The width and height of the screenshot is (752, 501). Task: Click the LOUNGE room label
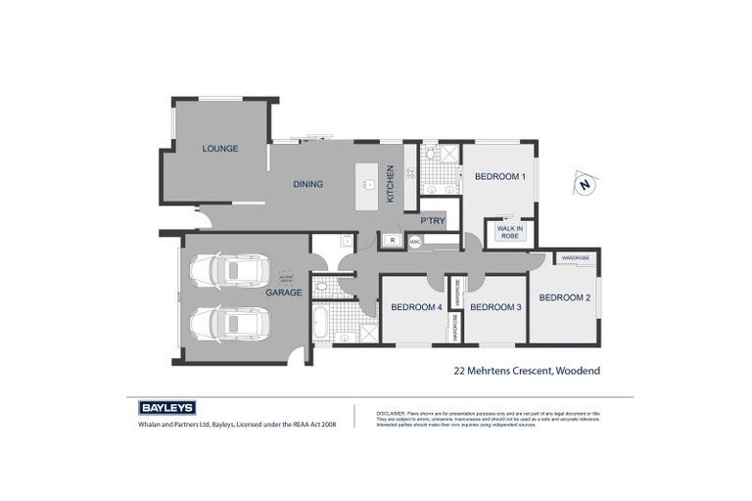click(220, 149)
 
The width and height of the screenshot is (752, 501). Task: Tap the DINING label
click(307, 184)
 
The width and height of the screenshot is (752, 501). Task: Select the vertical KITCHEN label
click(390, 183)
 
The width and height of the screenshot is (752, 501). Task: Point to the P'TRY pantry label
click(433, 221)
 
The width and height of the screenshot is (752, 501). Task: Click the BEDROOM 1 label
click(500, 177)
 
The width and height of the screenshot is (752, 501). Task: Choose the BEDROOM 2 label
click(564, 297)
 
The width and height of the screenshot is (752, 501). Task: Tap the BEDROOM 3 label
click(495, 307)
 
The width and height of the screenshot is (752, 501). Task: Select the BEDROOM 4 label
click(416, 307)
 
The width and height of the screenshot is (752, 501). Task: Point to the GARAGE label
click(284, 293)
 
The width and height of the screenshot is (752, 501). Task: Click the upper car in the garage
click(228, 269)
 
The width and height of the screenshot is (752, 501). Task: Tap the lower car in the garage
click(228, 323)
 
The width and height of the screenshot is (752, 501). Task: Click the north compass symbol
click(585, 184)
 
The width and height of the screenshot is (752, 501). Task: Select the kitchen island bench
click(369, 183)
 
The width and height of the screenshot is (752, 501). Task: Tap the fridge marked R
click(392, 240)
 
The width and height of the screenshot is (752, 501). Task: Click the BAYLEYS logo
click(167, 407)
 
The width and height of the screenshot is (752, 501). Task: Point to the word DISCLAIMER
click(391, 414)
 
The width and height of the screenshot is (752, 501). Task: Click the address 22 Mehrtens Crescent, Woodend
click(527, 371)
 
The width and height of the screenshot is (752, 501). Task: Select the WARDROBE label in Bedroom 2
click(576, 258)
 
